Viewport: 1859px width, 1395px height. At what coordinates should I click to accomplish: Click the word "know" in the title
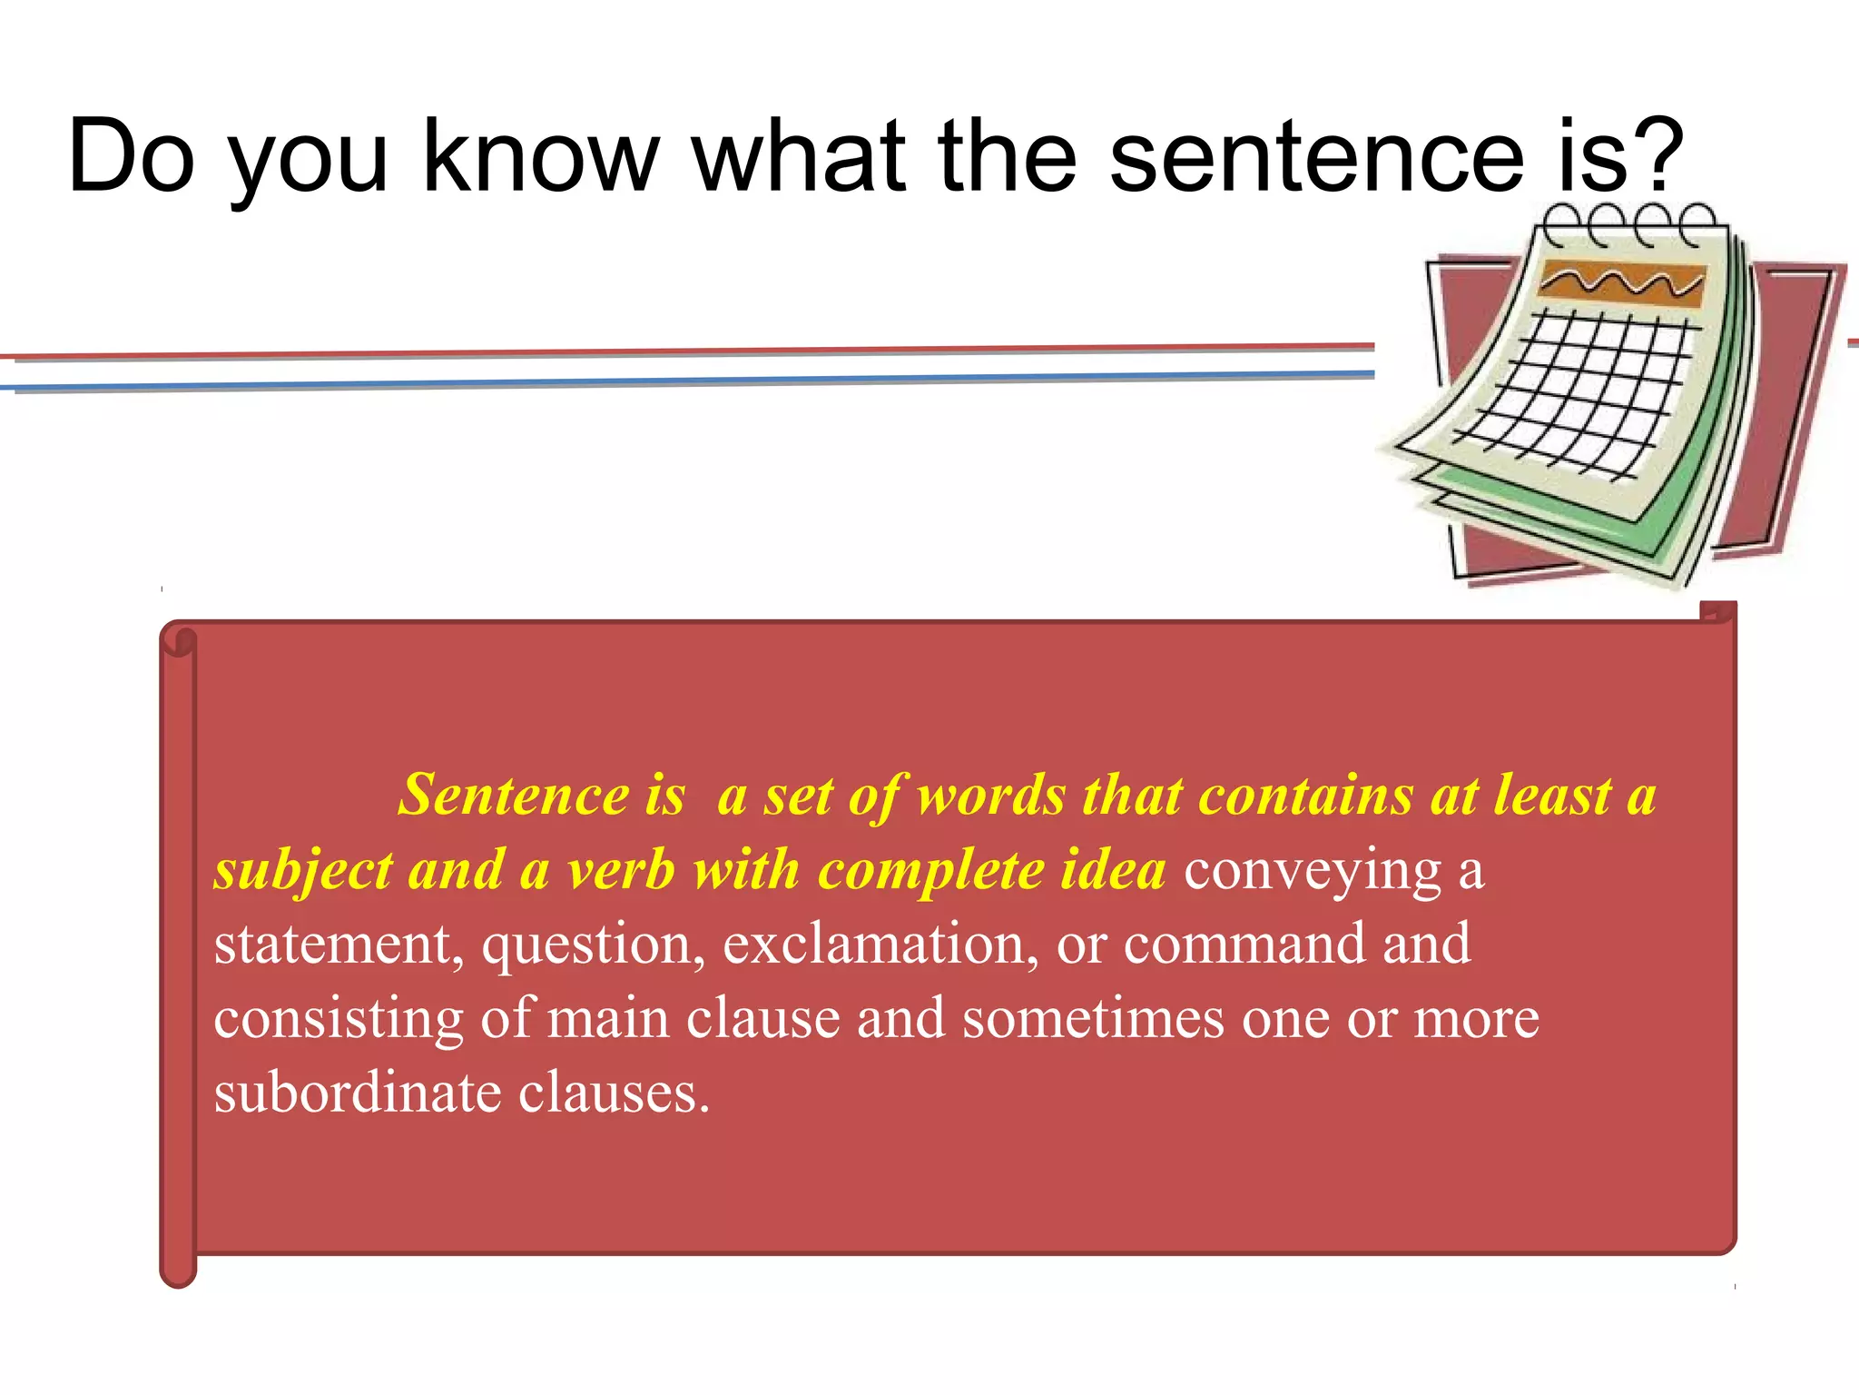pyautogui.click(x=541, y=156)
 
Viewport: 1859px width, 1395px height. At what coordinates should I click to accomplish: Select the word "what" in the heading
pyautogui.click(x=799, y=156)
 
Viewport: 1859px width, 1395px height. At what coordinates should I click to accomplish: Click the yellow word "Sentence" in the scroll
pyautogui.click(x=514, y=796)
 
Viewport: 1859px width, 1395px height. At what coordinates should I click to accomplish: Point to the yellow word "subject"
pyautogui.click(x=303, y=871)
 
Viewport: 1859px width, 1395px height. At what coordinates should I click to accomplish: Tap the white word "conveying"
pyautogui.click(x=1313, y=871)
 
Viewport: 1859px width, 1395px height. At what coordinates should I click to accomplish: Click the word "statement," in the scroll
pyautogui.click(x=339, y=945)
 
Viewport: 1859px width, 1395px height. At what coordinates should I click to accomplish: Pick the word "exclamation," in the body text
pyautogui.click(x=880, y=945)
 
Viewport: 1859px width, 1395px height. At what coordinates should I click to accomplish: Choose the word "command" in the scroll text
pyautogui.click(x=1244, y=945)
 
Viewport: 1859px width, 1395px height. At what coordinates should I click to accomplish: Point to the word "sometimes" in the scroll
pyautogui.click(x=1093, y=1019)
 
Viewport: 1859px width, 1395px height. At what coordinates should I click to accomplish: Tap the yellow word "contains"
pyautogui.click(x=1305, y=796)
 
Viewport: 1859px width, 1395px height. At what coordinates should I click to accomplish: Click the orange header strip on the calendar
pyautogui.click(x=1621, y=283)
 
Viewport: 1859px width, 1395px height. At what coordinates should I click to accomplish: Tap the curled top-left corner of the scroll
pyautogui.click(x=179, y=639)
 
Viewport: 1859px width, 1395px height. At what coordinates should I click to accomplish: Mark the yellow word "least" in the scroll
pyautogui.click(x=1551, y=796)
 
